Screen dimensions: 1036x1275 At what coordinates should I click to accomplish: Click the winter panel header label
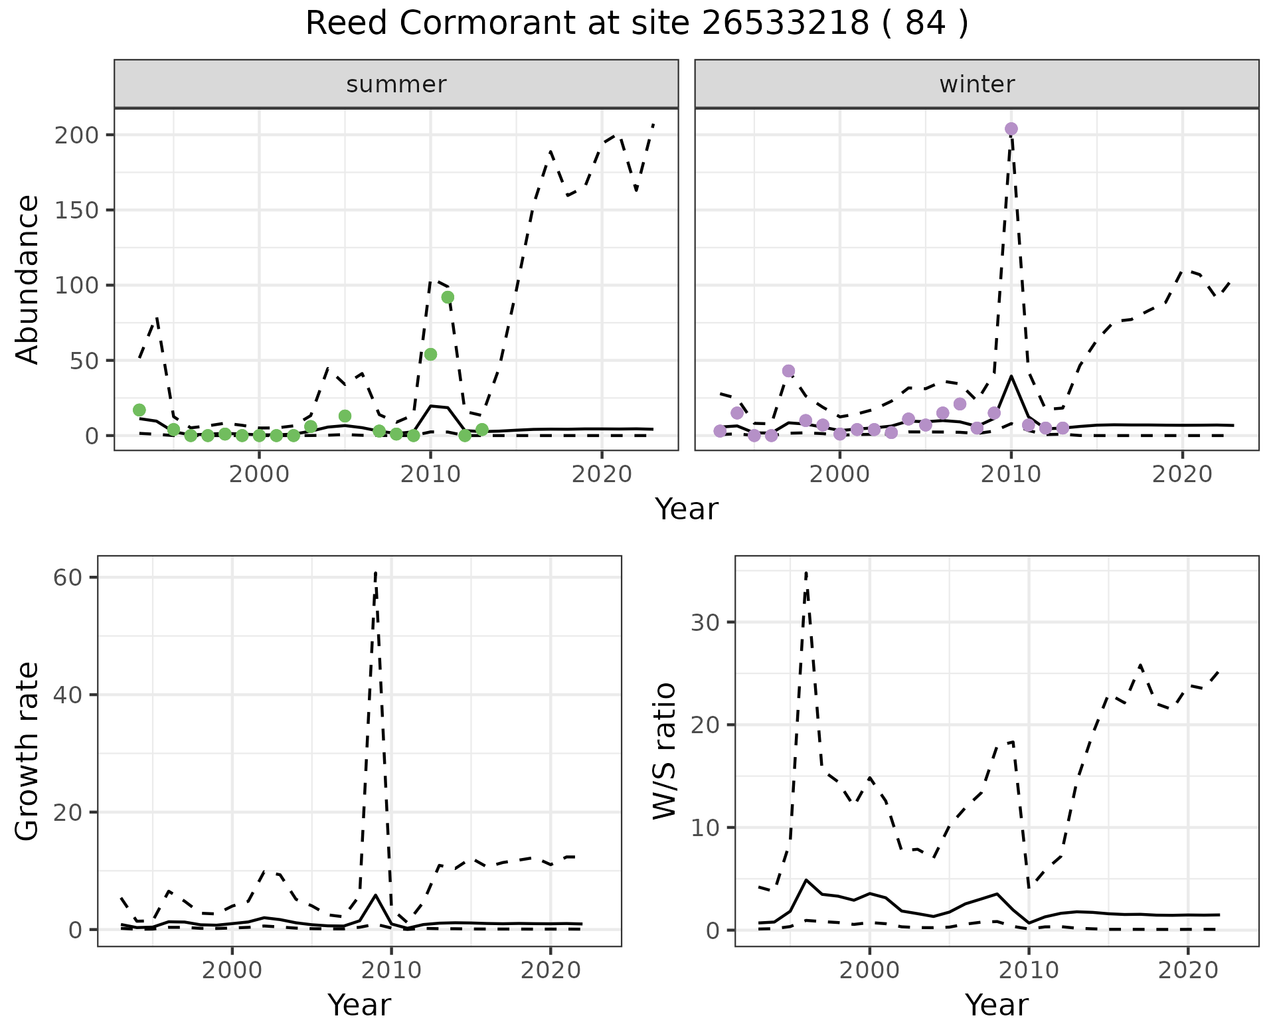(x=976, y=84)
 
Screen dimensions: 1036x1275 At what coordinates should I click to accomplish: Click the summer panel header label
(x=396, y=84)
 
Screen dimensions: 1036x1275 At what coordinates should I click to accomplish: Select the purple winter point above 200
(x=1011, y=129)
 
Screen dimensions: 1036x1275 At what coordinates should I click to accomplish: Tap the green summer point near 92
(x=448, y=297)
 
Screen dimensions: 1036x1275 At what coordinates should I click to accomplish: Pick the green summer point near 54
(x=430, y=354)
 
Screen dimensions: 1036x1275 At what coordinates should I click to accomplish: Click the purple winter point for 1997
(x=788, y=371)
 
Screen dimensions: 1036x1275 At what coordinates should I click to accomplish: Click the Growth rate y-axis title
(x=28, y=750)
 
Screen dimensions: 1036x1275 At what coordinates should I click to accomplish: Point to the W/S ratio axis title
(x=665, y=750)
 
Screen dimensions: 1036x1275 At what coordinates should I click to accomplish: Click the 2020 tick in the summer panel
(x=602, y=475)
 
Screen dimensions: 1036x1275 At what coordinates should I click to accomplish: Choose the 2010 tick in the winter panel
(x=1011, y=475)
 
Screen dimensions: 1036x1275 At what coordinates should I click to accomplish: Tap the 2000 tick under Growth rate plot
(x=232, y=971)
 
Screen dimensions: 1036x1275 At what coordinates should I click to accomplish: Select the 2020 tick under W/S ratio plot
(x=1188, y=971)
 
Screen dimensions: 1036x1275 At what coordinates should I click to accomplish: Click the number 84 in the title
(x=924, y=24)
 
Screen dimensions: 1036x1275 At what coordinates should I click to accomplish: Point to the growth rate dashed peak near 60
(x=376, y=572)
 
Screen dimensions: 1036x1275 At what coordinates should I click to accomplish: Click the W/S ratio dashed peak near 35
(x=806, y=572)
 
